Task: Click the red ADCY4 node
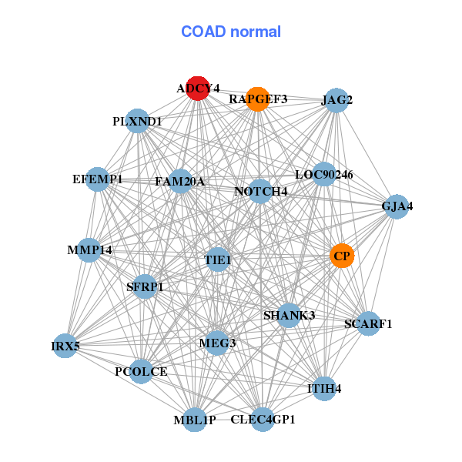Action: [198, 89]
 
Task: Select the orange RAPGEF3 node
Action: [258, 99]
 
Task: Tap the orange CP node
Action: [342, 256]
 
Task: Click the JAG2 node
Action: [336, 100]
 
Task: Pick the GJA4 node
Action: [397, 207]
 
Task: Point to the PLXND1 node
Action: [137, 121]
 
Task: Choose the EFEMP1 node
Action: [97, 179]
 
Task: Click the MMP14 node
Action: [89, 250]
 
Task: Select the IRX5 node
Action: [65, 346]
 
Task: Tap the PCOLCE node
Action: [141, 372]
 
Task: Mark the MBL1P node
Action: [195, 420]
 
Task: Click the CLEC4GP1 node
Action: [263, 420]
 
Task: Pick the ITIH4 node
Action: [324, 389]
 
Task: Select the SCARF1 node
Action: [368, 323]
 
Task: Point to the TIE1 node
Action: [217, 260]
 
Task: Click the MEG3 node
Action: [217, 343]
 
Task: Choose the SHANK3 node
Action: [289, 316]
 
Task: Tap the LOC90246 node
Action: [324, 174]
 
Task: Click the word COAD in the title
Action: [203, 32]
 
